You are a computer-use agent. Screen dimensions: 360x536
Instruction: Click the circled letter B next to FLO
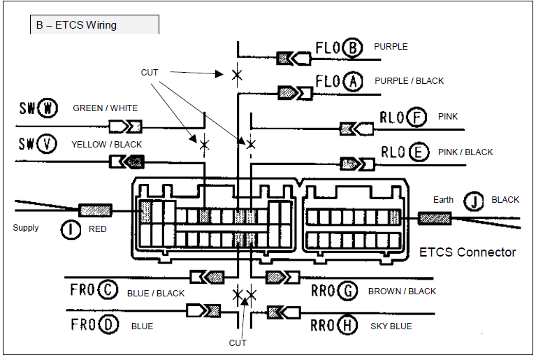pos(354,48)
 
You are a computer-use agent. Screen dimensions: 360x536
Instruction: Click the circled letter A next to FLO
pos(354,82)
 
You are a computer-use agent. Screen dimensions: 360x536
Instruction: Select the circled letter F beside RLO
pos(417,117)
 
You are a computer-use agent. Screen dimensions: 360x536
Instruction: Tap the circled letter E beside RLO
pos(419,152)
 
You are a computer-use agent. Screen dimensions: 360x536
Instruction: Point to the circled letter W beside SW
pos(47,108)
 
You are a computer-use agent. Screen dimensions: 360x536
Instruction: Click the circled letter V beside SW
pos(47,144)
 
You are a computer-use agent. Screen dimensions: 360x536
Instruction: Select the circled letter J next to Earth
pos(475,201)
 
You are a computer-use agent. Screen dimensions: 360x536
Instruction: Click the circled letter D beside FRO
pos(108,325)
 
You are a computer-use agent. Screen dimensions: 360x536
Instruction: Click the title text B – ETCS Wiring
pos(76,25)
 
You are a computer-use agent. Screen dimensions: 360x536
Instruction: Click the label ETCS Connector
pos(468,252)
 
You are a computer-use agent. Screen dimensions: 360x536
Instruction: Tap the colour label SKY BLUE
pos(391,326)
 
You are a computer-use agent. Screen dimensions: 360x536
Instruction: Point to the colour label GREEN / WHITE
pos(105,108)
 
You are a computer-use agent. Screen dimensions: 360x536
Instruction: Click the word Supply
pos(26,228)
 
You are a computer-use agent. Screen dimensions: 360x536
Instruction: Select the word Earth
pos(443,200)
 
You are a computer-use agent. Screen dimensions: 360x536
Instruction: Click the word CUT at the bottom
pos(238,343)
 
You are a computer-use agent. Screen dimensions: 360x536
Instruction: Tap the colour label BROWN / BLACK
pos(402,291)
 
